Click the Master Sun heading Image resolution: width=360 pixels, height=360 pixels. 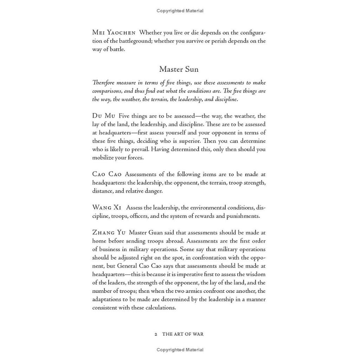click(179, 69)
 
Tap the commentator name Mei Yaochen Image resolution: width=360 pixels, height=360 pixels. click(114, 33)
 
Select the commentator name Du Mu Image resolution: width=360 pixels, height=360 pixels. click(104, 116)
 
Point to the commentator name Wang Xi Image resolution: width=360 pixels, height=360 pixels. click(107, 207)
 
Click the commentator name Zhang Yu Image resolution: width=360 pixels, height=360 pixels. click(109, 232)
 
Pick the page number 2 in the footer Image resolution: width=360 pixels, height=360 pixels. click(156, 334)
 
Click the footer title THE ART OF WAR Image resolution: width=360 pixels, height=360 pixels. click(183, 334)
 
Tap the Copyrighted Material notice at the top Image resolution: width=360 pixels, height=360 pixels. click(180, 11)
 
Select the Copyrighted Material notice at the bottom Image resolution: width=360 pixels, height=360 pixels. click(180, 350)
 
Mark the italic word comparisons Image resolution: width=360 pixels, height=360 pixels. click(108, 91)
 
